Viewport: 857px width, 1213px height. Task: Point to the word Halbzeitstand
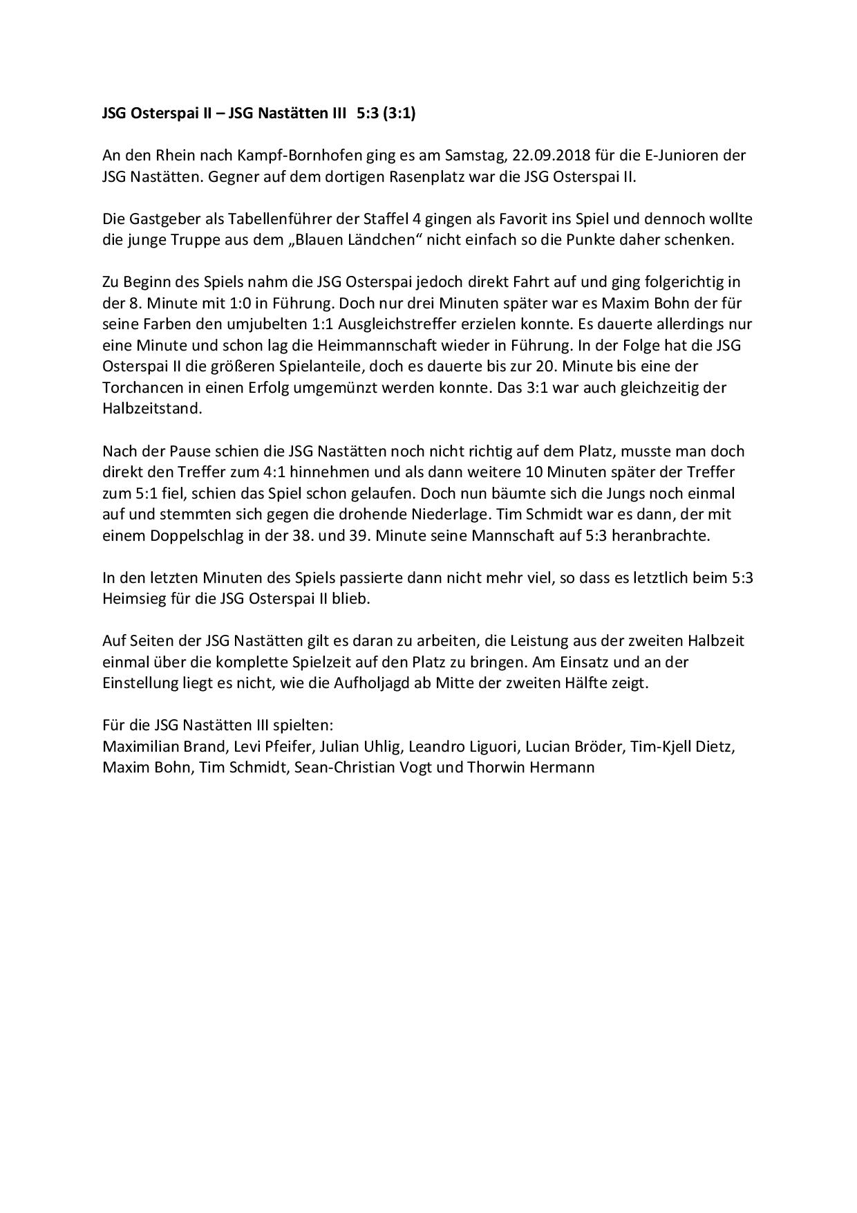pos(152,408)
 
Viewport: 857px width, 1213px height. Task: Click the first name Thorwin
pos(496,768)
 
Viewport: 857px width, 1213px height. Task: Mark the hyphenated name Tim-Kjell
pos(661,747)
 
